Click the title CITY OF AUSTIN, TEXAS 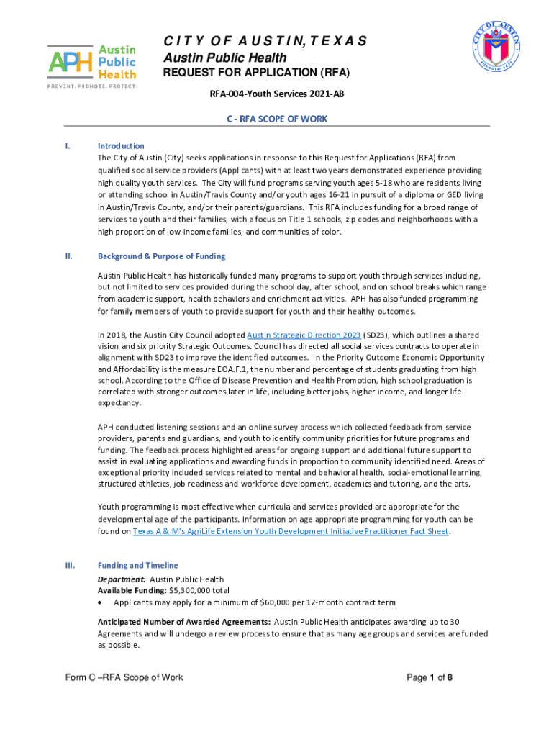point(265,41)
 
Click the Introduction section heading point(121,146)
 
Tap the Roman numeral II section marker point(68,256)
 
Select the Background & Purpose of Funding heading point(161,256)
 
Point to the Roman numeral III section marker point(69,566)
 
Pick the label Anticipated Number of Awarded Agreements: point(184,622)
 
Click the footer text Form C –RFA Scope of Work point(123,677)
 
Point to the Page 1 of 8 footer point(429,677)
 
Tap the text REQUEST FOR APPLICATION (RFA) point(256,73)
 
